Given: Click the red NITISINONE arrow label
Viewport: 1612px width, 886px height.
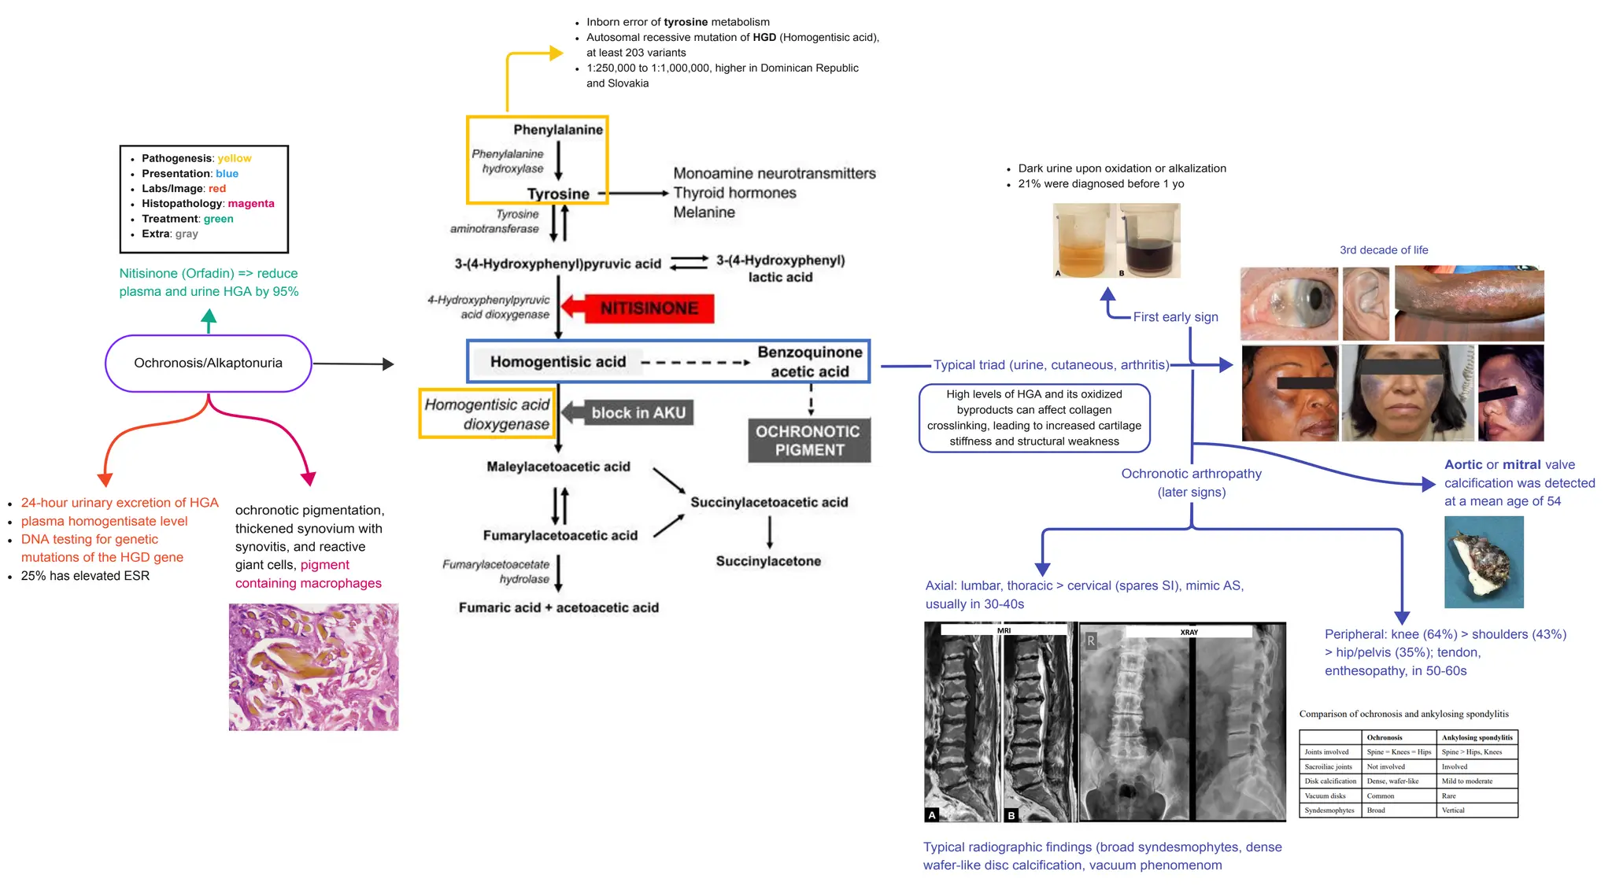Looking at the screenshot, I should (649, 308).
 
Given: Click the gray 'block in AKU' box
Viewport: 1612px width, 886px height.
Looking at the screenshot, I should (638, 412).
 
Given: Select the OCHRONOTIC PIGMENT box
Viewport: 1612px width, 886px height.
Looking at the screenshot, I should (808, 441).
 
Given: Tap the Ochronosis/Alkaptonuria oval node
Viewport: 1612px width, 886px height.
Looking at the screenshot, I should (208, 363).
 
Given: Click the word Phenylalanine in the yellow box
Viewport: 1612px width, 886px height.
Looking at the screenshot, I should (558, 130).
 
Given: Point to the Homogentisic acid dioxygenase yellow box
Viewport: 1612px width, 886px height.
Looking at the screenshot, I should (486, 414).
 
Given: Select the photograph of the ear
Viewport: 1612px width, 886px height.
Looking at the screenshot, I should (1366, 304).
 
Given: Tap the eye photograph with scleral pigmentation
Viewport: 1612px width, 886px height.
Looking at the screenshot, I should (1288, 304).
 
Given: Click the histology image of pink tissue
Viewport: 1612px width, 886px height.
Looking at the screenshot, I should (313, 666).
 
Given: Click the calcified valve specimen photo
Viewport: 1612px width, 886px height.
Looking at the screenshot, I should (1484, 562).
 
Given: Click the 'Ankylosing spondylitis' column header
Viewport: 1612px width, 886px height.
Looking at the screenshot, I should (1477, 737).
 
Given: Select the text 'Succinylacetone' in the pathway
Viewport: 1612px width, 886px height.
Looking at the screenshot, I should (768, 561).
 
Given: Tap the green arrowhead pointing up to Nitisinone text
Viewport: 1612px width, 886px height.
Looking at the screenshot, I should (209, 317).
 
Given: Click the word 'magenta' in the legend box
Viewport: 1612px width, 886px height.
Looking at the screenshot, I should (251, 203).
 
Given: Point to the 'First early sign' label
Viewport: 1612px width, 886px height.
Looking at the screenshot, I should (1175, 316).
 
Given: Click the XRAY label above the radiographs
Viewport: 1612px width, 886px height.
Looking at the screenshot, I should (1189, 632).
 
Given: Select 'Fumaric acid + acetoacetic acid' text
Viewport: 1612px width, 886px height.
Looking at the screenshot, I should (559, 607).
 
